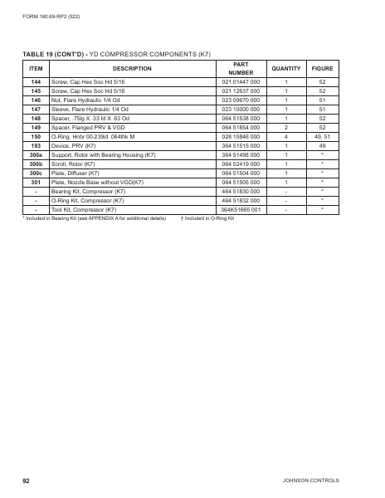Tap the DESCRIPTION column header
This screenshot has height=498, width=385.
[x=132, y=68]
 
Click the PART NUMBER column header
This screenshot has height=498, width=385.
[x=241, y=68]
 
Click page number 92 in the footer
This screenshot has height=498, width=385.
[x=27, y=481]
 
